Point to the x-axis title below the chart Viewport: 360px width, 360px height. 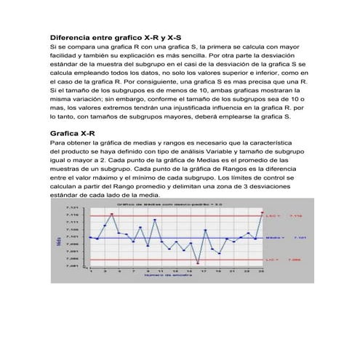point(167,276)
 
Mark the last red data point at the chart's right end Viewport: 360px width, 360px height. point(261,212)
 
